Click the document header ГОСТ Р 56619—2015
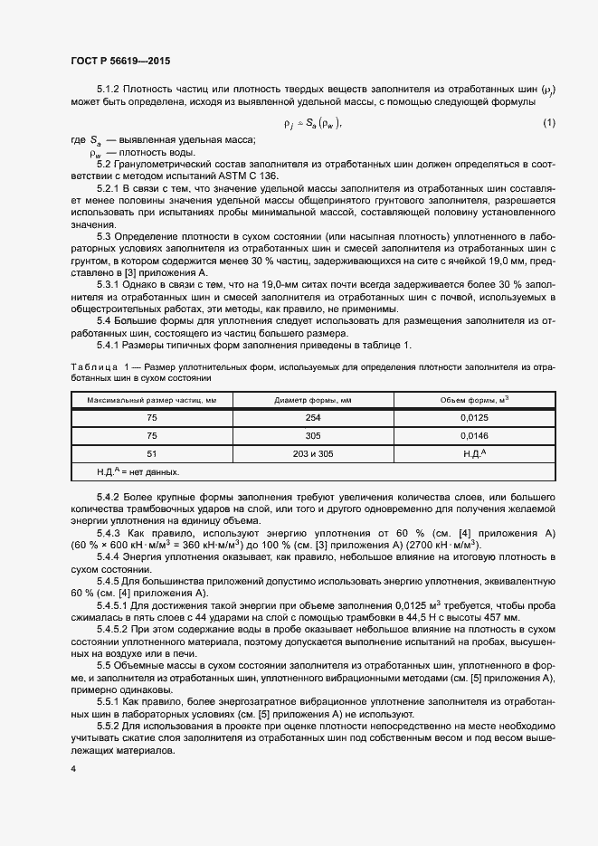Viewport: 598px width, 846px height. point(119,62)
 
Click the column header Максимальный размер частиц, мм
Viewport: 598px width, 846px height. point(152,399)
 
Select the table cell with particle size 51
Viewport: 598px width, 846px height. point(152,453)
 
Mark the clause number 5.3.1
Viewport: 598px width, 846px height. point(110,285)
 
